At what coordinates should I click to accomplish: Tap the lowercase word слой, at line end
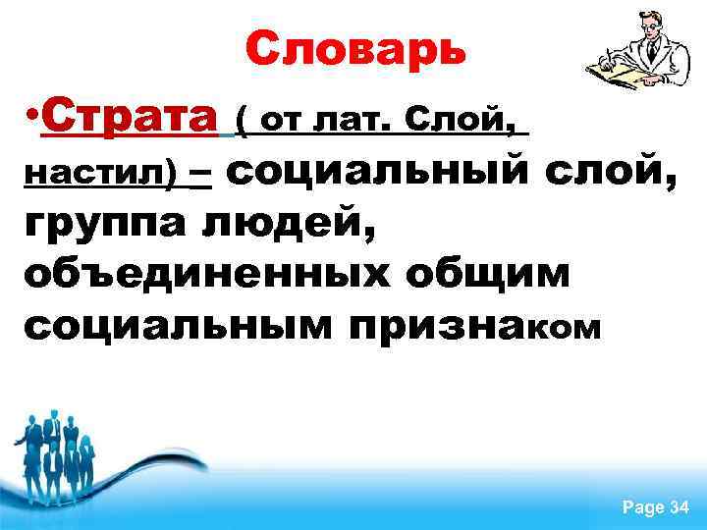[x=609, y=173]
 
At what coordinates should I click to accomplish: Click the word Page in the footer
[x=643, y=507]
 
